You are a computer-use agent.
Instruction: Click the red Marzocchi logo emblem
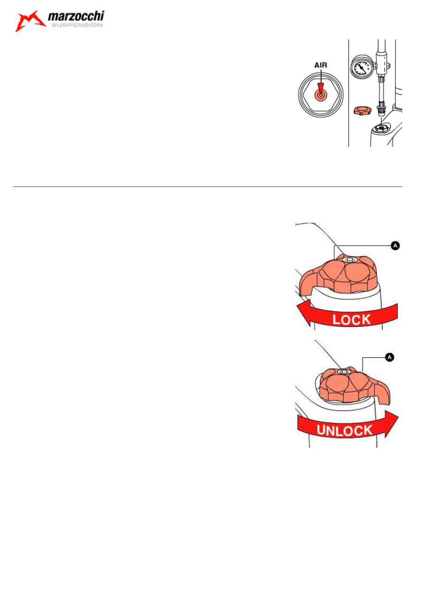point(30,21)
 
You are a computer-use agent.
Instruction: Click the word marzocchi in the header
point(76,16)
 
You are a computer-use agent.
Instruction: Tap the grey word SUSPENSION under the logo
point(77,25)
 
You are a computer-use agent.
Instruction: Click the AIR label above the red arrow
point(320,65)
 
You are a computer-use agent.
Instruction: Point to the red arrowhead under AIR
point(320,87)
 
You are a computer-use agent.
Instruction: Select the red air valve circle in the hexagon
point(320,95)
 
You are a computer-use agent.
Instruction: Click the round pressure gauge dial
point(361,67)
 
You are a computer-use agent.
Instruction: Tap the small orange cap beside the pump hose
point(362,111)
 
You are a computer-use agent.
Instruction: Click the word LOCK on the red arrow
point(351,320)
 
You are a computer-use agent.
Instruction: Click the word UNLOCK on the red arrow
point(345,430)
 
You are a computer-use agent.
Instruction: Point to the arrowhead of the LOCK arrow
point(304,313)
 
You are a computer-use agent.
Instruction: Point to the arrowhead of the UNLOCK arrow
point(391,424)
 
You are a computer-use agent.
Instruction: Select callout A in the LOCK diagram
point(395,246)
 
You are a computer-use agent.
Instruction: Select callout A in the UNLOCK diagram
point(389,357)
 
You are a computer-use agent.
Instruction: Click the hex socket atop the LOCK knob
point(350,259)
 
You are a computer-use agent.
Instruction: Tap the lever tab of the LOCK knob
point(308,284)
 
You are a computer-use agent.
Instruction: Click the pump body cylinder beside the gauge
point(381,63)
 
